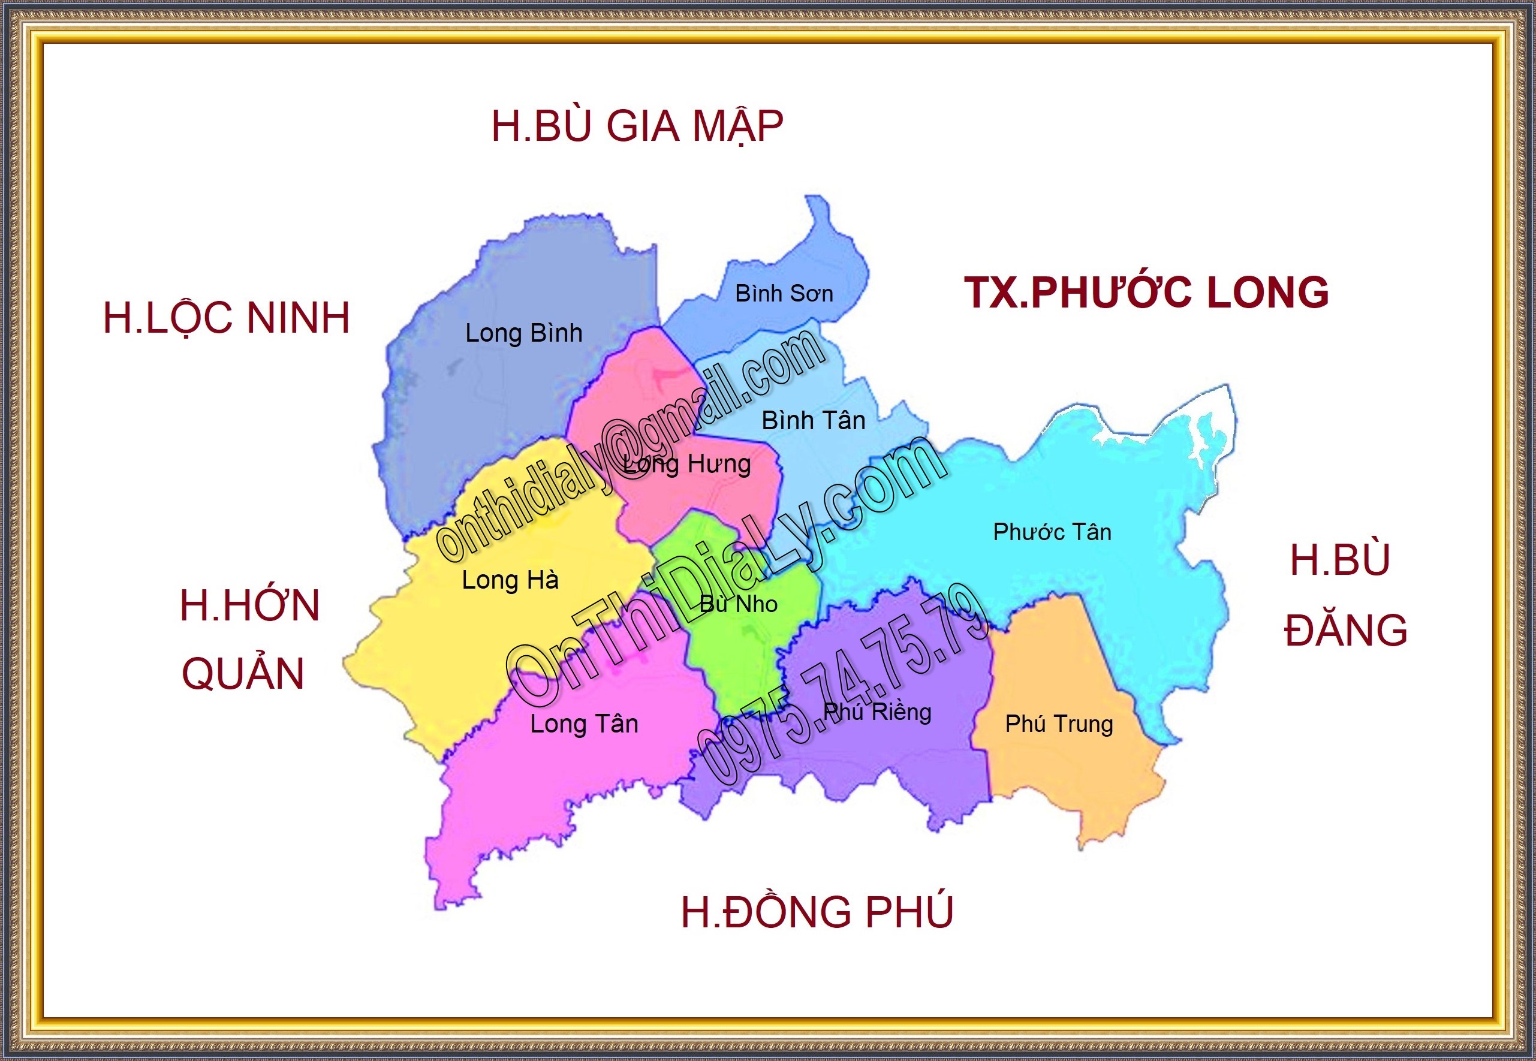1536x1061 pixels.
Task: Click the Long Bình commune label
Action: pyautogui.click(x=523, y=333)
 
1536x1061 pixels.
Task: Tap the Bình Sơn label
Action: pyautogui.click(x=784, y=293)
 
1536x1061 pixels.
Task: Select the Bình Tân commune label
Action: pyautogui.click(x=812, y=420)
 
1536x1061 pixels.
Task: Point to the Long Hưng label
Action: pyautogui.click(x=688, y=464)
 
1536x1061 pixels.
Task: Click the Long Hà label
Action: pyautogui.click(x=510, y=580)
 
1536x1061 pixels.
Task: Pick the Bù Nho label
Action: pyautogui.click(x=738, y=604)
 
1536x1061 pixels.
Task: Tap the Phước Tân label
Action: pyautogui.click(x=1052, y=532)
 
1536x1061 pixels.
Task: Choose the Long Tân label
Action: pyautogui.click(x=584, y=724)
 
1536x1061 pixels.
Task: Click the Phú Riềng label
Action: pyautogui.click(x=877, y=712)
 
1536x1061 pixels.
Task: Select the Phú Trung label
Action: pyautogui.click(x=1059, y=724)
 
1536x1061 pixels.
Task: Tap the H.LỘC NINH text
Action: pyautogui.click(x=226, y=318)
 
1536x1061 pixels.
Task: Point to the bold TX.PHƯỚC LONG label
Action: pyautogui.click(x=1146, y=293)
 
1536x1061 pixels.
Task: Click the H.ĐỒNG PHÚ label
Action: pyautogui.click(x=817, y=911)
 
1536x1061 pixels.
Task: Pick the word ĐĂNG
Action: pyautogui.click(x=1345, y=630)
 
